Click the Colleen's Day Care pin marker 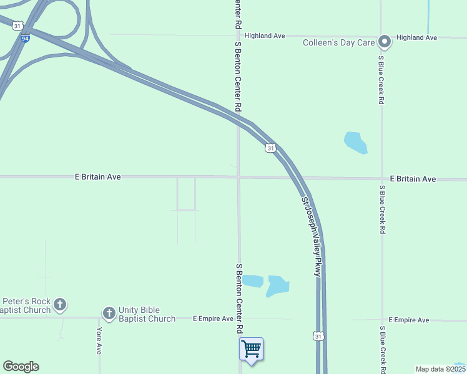click(x=385, y=42)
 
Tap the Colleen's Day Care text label click(x=338, y=43)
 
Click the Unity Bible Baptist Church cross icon click(x=109, y=313)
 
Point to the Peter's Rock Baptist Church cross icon click(x=60, y=305)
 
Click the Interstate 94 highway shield click(x=24, y=38)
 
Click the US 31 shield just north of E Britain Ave click(x=270, y=148)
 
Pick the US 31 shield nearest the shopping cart click(x=318, y=337)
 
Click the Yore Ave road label click(x=99, y=341)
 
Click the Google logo click(x=21, y=367)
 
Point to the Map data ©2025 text click(x=440, y=369)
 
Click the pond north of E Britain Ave click(x=355, y=142)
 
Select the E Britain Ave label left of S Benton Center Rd click(x=97, y=177)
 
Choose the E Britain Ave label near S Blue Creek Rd click(x=413, y=179)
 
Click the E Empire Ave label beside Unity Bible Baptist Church click(x=212, y=319)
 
